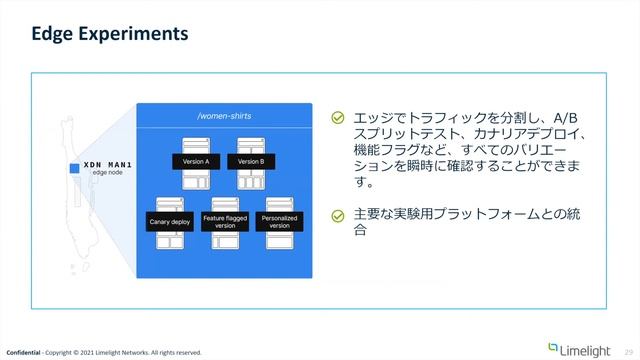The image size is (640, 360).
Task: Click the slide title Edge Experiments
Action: coord(110,35)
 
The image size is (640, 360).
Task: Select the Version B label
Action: coord(250,161)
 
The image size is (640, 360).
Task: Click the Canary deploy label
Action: coord(169,222)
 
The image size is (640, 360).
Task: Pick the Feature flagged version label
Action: coord(225,222)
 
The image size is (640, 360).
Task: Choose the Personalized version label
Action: coord(280,222)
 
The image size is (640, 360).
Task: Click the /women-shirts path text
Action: coord(223,117)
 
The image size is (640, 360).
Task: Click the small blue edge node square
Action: coord(74,168)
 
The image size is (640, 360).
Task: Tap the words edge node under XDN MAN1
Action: coord(108,173)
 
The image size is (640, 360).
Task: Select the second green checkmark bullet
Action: coord(338,215)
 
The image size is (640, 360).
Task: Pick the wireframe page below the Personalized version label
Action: coord(280,242)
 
